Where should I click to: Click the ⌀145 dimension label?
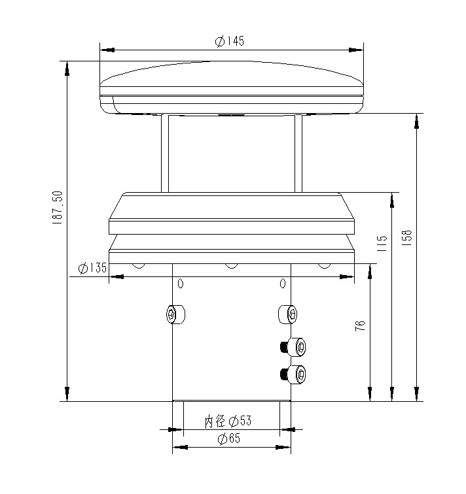[230, 41]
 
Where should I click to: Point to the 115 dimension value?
[384, 243]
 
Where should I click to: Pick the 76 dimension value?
[360, 327]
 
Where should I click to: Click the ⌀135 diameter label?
[92, 269]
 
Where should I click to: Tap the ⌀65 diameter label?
[228, 438]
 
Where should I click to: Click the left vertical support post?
[164, 153]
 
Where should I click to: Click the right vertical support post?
[298, 153]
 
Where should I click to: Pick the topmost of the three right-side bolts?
[287, 314]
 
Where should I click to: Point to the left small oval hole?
[181, 284]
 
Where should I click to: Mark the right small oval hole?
[283, 284]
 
